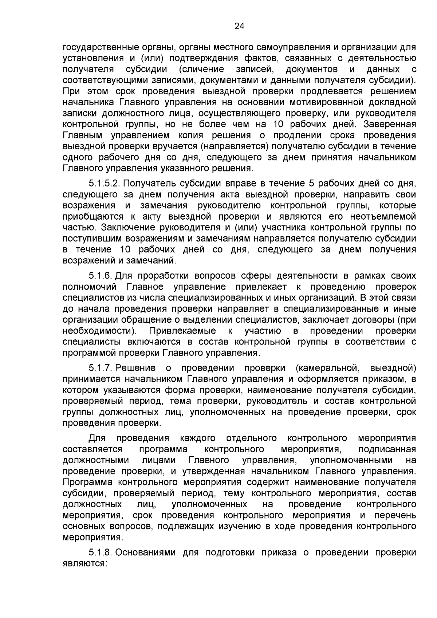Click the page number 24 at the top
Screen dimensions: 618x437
click(x=239, y=26)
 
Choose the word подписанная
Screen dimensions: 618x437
click(x=387, y=449)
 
